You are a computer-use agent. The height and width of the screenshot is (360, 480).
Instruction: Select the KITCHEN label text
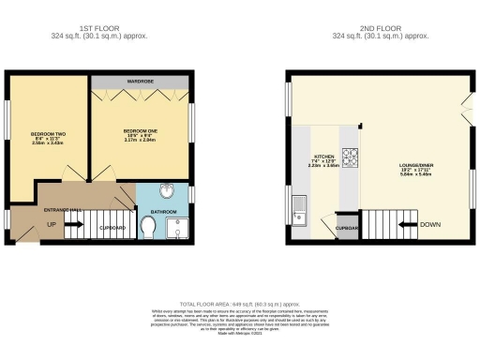pos(323,158)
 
